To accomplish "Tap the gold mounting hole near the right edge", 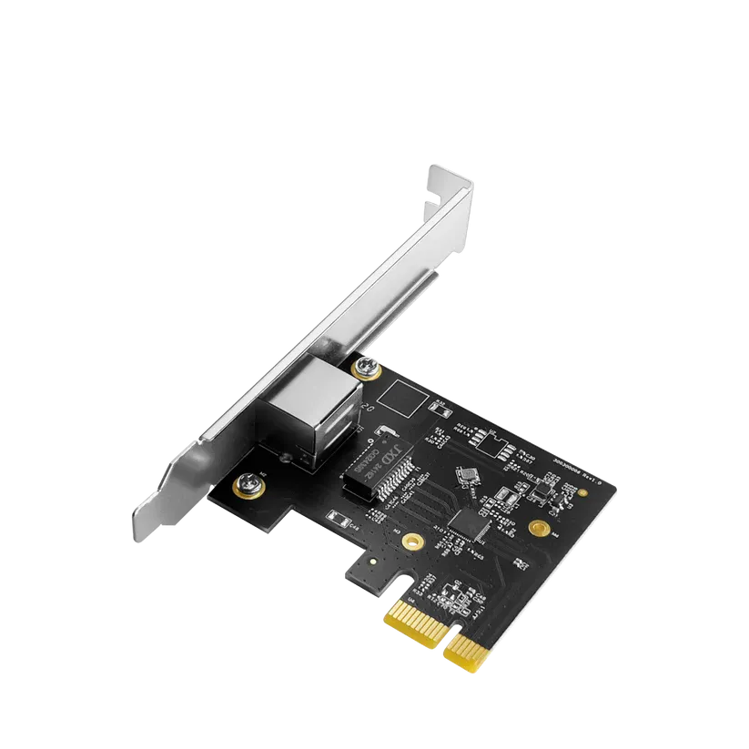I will pos(537,526).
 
